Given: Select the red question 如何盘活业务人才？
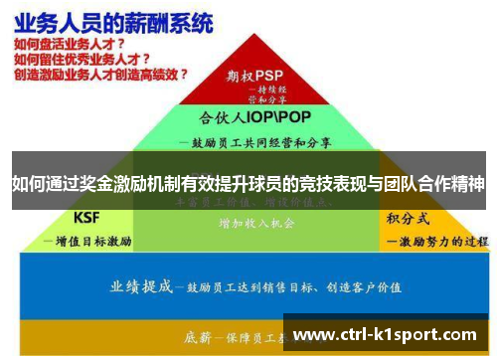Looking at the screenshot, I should click(x=68, y=45).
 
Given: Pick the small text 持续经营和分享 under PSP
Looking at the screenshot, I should click(x=265, y=94).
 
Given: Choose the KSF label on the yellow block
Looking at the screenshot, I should click(x=89, y=217).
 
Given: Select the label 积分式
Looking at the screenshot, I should click(x=408, y=217).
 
